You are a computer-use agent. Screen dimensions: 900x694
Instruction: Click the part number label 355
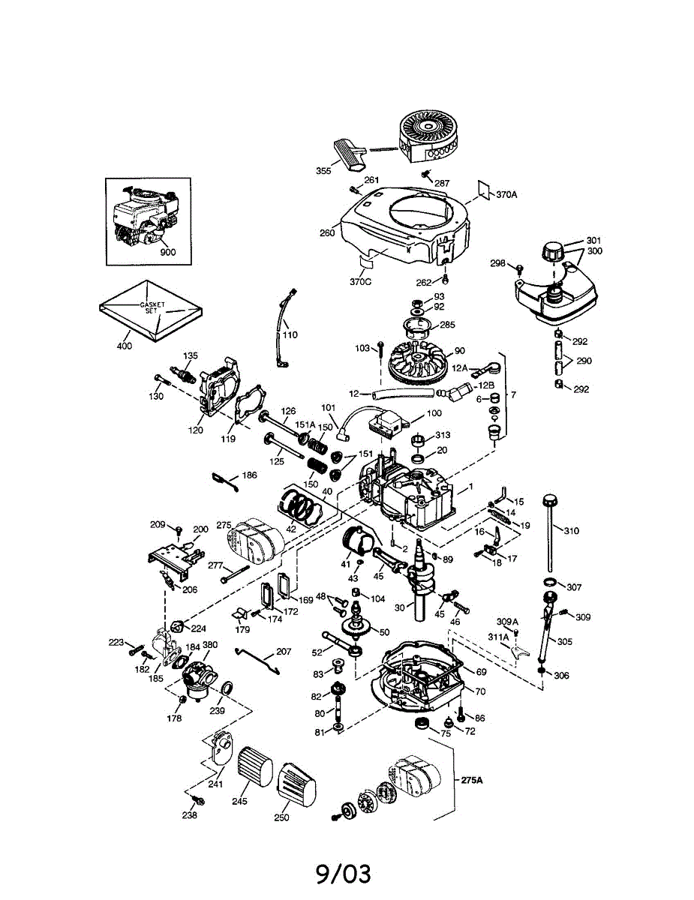pos(323,172)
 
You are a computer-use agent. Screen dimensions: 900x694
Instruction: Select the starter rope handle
pos(351,151)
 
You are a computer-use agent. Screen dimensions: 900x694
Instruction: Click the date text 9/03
pos(344,872)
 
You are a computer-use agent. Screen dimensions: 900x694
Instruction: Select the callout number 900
pos(167,252)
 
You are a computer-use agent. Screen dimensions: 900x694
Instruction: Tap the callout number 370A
pos(506,194)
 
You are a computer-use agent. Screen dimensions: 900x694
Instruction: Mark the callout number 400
pos(124,346)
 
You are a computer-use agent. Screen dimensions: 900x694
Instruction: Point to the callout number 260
pos(326,232)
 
